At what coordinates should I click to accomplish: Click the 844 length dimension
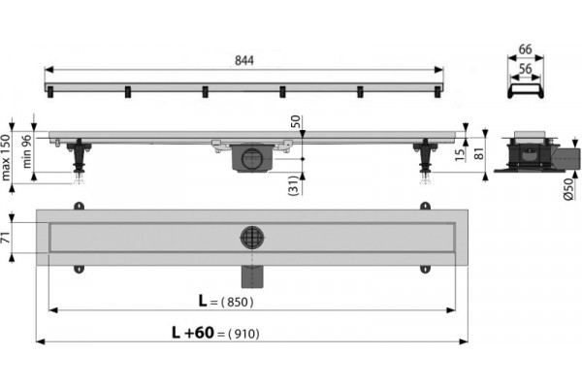coord(244,60)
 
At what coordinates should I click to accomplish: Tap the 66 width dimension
coord(525,49)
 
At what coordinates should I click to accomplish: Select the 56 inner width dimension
coord(525,69)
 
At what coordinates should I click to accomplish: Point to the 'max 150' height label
coord(5,157)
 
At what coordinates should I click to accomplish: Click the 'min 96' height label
coord(27,151)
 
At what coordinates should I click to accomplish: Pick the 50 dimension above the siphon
coord(295,121)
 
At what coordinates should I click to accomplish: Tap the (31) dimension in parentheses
coord(293,185)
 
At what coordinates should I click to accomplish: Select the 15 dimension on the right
coord(460,154)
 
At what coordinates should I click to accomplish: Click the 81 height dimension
coord(479,153)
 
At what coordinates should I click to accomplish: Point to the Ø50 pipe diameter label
coord(568,189)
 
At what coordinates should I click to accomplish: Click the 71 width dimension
coord(6,238)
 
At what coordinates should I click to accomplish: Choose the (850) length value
coord(238,303)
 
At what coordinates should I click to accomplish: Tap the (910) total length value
coord(243,334)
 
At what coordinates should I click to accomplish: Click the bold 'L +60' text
coord(193,333)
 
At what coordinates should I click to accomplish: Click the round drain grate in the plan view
coord(252,238)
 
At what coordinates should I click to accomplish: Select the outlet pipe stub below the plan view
coord(252,276)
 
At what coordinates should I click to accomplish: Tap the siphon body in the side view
coord(252,158)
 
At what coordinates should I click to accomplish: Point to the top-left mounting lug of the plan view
coord(79,206)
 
